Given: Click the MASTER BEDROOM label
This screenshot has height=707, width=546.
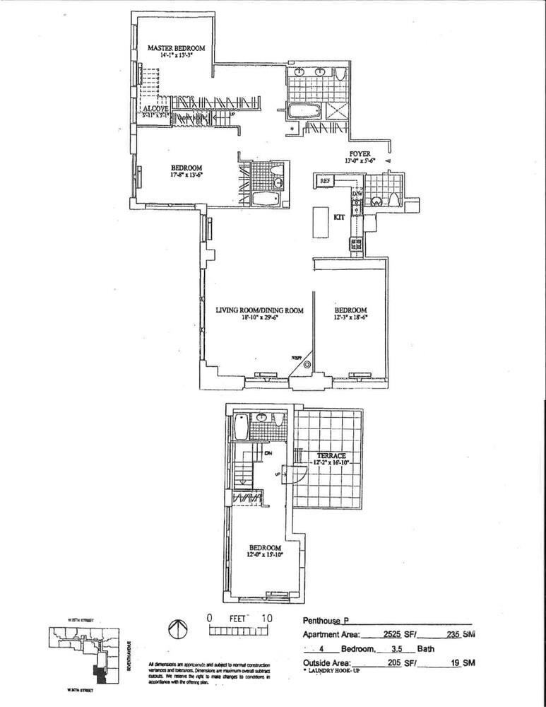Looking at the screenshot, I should [176, 47].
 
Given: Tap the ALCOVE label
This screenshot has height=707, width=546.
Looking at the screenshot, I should [155, 108].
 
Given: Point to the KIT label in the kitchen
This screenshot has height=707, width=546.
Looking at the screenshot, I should [338, 217].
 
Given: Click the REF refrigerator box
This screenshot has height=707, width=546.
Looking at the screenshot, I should [326, 182].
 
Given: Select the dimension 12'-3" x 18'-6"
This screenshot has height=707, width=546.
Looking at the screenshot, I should [350, 318].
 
